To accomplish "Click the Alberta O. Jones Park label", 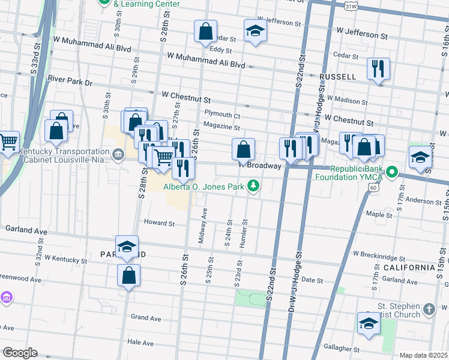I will [x=203, y=187].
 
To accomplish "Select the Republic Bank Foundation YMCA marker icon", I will [x=392, y=174].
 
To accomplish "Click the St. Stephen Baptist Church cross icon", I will [x=428, y=309].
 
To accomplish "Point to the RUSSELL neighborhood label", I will [x=338, y=77].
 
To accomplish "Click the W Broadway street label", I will [x=260, y=165].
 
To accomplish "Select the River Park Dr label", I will [x=70, y=79].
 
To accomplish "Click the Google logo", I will [x=19, y=353].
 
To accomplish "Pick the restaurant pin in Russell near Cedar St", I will [x=379, y=68].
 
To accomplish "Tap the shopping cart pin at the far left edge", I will [x=8, y=142].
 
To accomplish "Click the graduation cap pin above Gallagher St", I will [x=368, y=323].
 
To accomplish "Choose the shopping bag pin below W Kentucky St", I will [x=128, y=275].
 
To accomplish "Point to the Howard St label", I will [x=159, y=223].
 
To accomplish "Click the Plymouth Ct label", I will [x=222, y=115].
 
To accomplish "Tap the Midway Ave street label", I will [x=203, y=226].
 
